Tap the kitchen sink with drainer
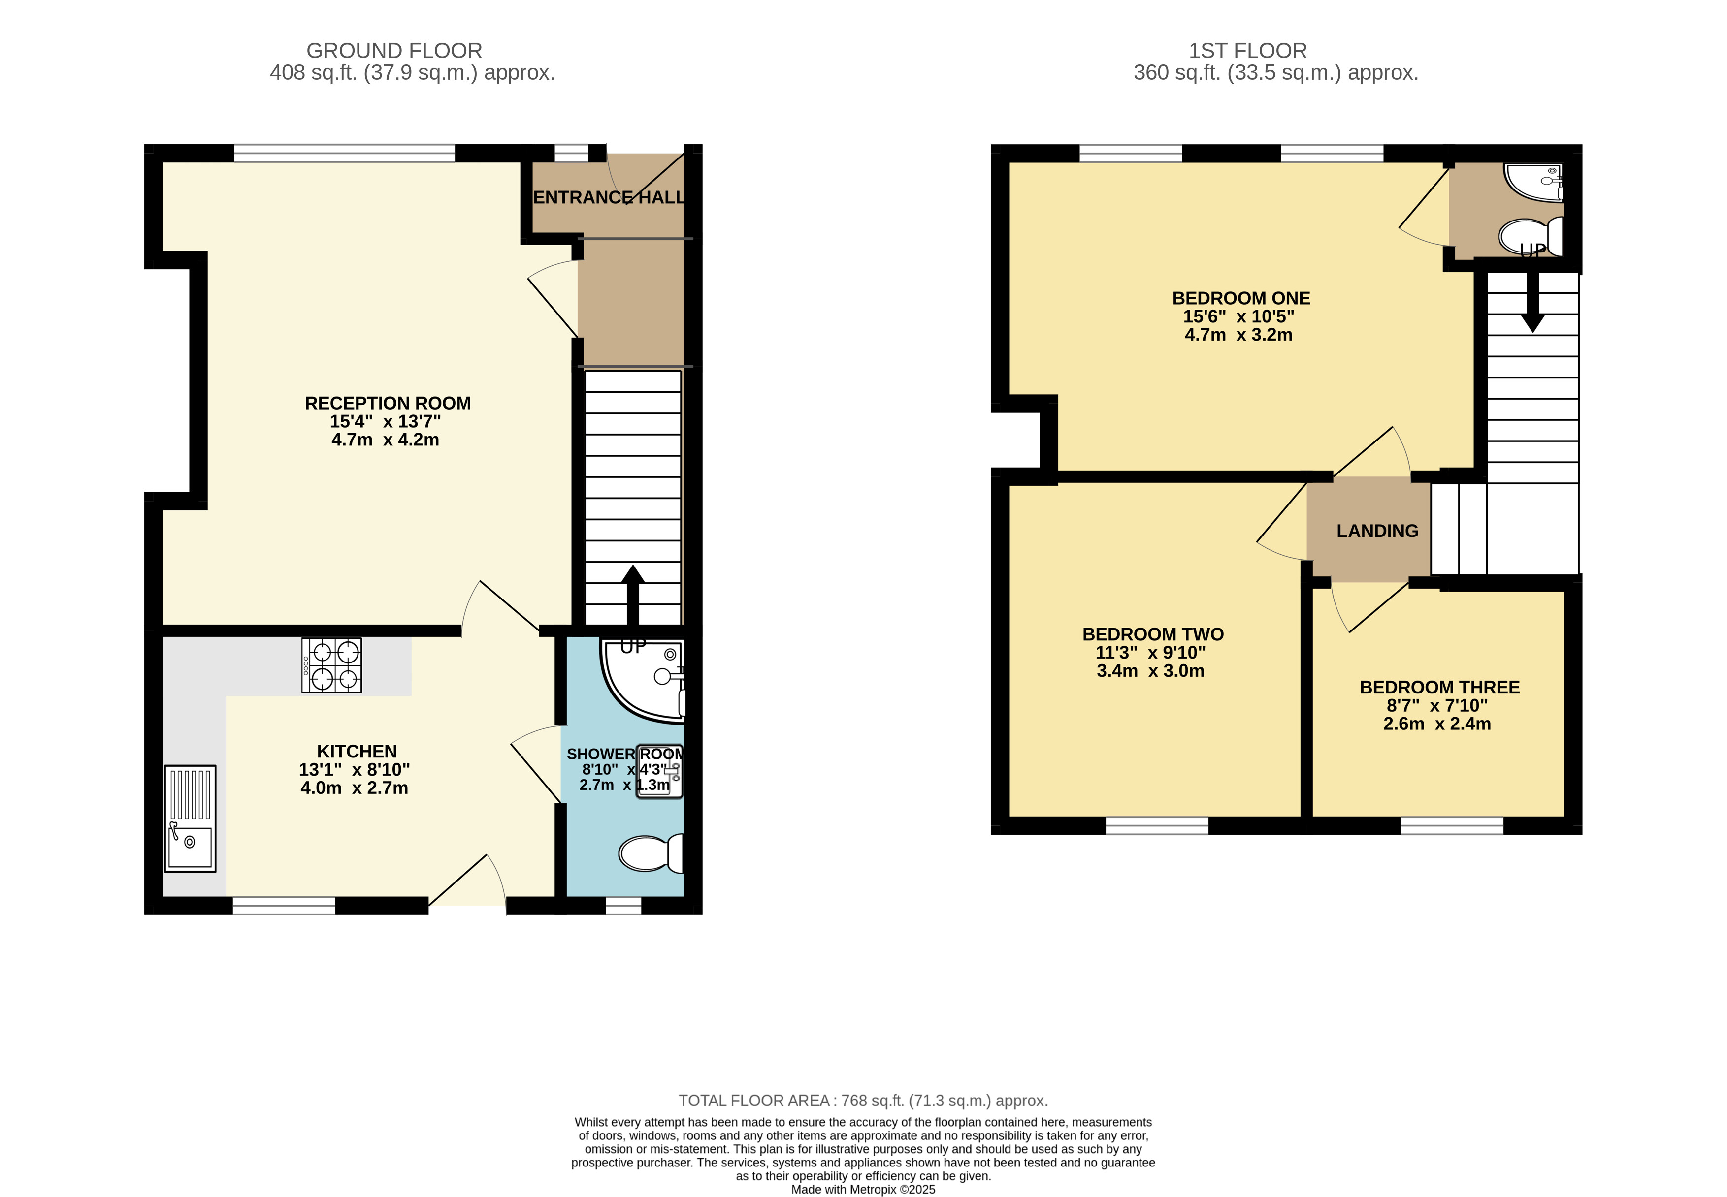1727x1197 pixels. [190, 818]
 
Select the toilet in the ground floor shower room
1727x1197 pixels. [651, 853]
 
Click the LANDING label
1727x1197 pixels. [1377, 531]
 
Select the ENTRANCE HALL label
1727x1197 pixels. [609, 197]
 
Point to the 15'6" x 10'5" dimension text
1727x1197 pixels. [1238, 316]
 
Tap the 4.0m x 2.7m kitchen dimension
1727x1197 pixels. [354, 787]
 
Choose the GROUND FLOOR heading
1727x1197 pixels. [394, 50]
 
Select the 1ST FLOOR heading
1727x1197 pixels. [1248, 50]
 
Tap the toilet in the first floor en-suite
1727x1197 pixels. [1531, 236]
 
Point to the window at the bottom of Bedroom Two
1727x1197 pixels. [1157, 826]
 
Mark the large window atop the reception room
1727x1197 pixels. [344, 153]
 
